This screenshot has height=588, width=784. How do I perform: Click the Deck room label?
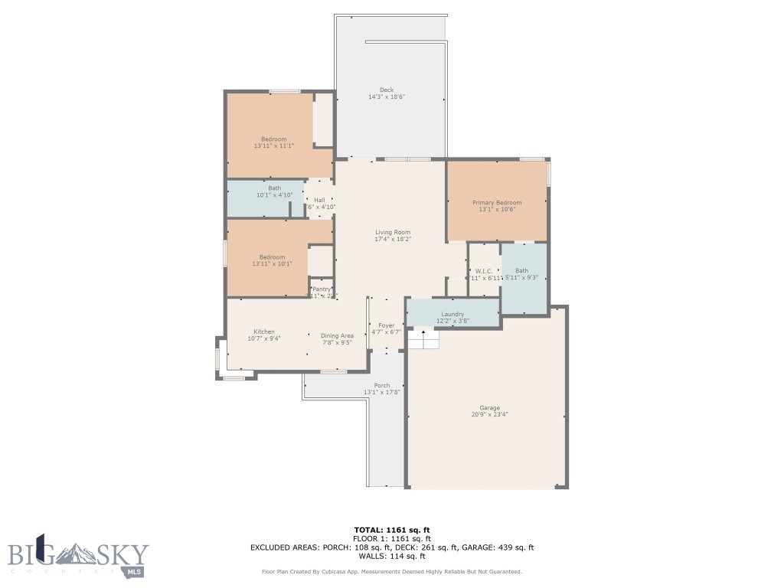pos(386,90)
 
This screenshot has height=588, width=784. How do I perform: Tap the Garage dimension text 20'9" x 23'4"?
pos(490,414)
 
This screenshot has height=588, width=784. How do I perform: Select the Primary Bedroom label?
pos(496,202)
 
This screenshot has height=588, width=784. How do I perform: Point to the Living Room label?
pos(392,232)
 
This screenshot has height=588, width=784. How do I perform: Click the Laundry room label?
pos(452,314)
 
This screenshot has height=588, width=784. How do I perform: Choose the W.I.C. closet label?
pos(483,270)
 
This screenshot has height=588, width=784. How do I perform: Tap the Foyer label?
pos(386,325)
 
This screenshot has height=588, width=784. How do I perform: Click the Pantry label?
pos(321,289)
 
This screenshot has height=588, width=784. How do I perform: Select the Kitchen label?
pos(264,332)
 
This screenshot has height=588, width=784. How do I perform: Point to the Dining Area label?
pos(337,335)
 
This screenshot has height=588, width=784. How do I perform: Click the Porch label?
pos(381,385)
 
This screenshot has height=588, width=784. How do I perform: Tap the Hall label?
pos(319,200)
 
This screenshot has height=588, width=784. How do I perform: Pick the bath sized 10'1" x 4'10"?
pos(274,191)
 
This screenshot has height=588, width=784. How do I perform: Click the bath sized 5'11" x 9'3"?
pos(521,273)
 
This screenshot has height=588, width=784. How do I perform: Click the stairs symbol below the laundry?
pos(423,339)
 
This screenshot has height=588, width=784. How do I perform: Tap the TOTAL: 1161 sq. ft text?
pos(392,530)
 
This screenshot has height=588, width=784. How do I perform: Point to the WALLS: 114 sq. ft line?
pos(392,556)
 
